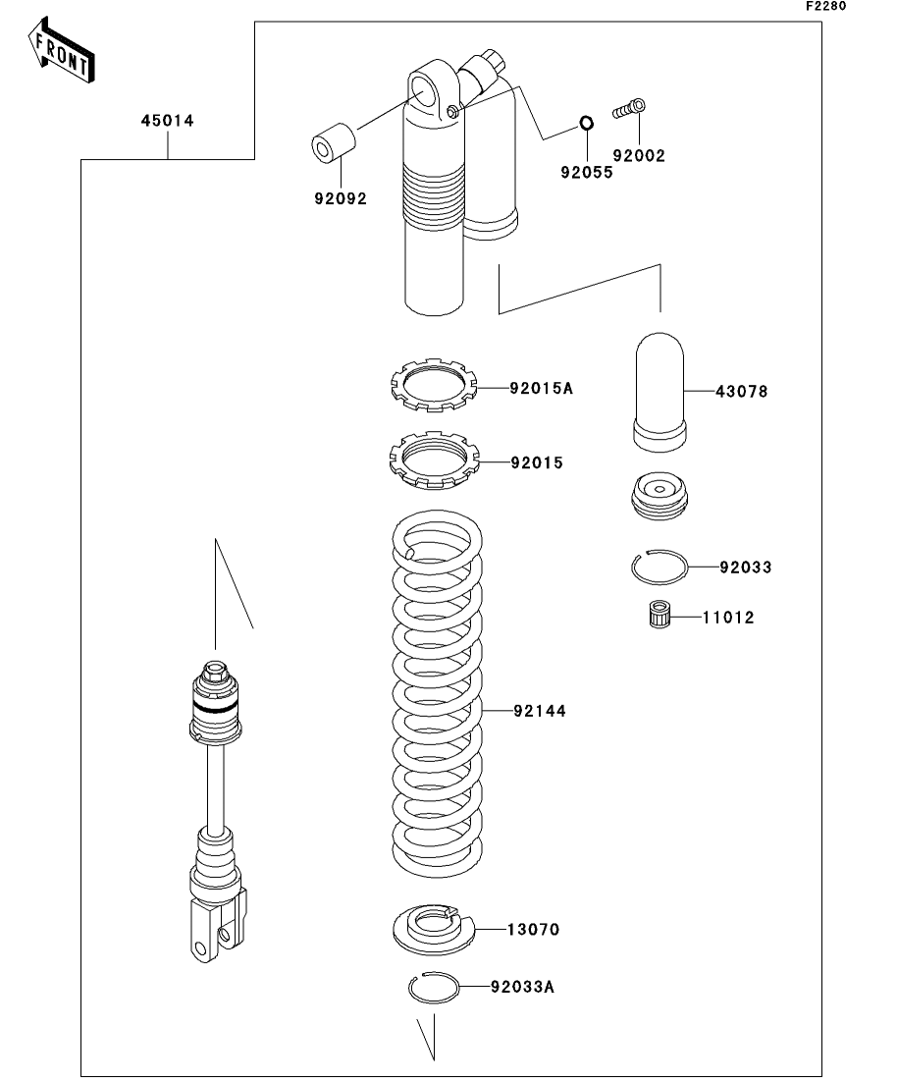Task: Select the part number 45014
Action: click(x=167, y=121)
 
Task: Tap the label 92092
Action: click(x=341, y=198)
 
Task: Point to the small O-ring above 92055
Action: click(x=585, y=124)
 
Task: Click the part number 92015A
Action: click(x=541, y=388)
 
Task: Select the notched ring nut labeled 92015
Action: click(x=433, y=461)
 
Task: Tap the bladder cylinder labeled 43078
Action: click(x=660, y=391)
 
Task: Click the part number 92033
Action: click(x=745, y=568)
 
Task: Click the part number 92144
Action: click(x=539, y=709)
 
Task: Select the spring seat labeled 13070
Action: click(x=434, y=928)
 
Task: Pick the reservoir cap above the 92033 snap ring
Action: click(x=658, y=497)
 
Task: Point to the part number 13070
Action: click(x=533, y=929)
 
